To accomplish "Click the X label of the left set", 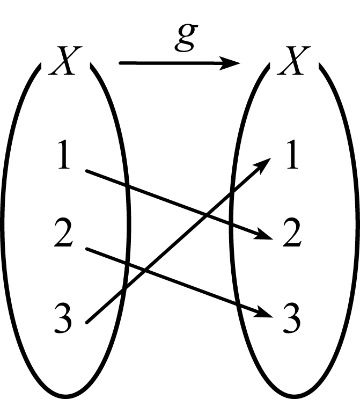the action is pos(65,61).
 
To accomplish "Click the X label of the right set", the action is pos(294,61).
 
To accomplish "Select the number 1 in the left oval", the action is pos(64,154).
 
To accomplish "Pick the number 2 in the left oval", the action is pos(63,232).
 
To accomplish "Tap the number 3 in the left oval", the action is pos(63,317).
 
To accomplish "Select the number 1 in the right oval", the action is pos(292,154).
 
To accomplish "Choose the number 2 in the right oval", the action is pos(292,232).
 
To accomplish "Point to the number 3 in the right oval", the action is pos(292,317).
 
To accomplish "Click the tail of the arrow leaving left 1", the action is pos(87,171).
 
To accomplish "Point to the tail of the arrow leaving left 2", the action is pos(87,249).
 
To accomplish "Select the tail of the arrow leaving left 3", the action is pos(87,323).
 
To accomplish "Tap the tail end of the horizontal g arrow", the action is pos(120,63).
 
